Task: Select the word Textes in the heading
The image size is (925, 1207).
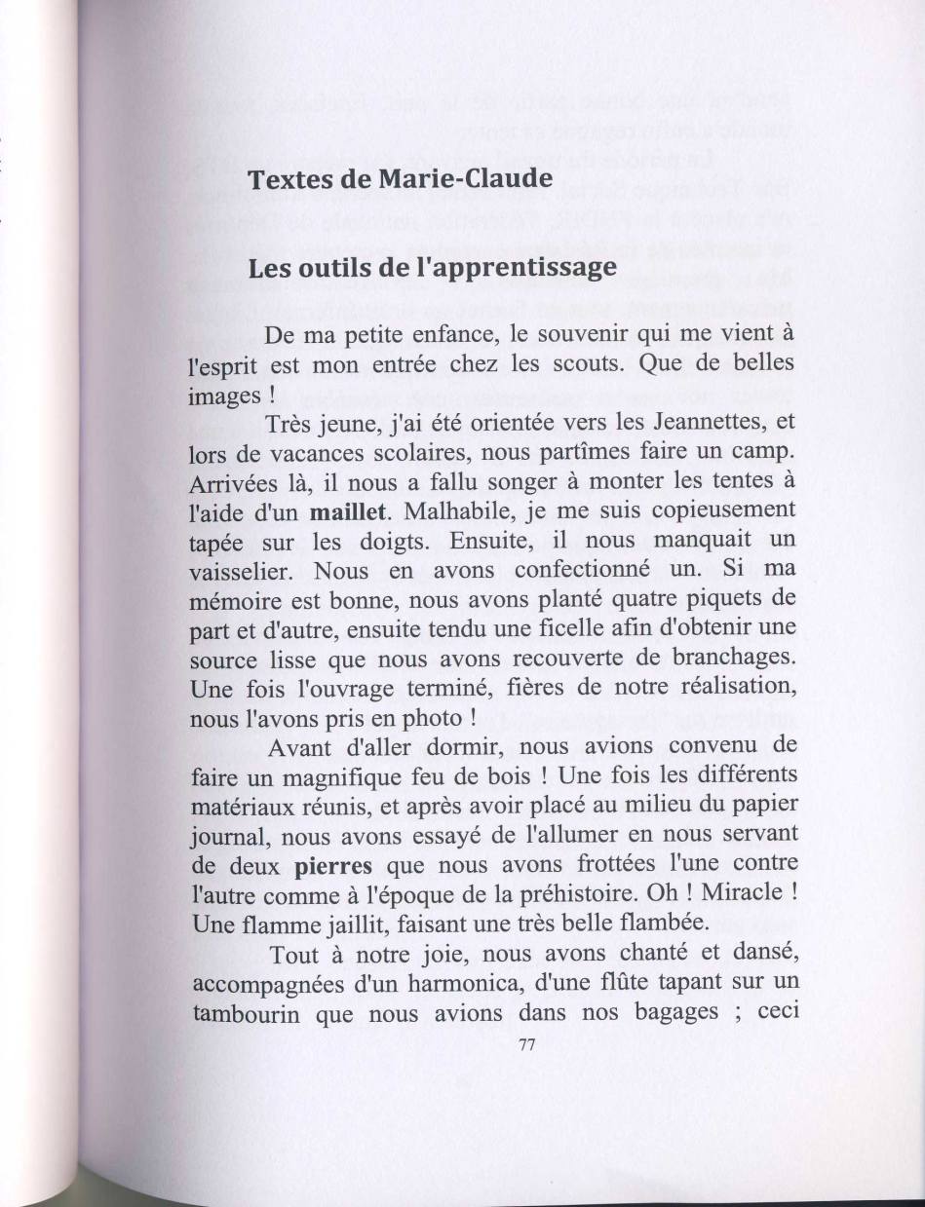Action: (x=283, y=180)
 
